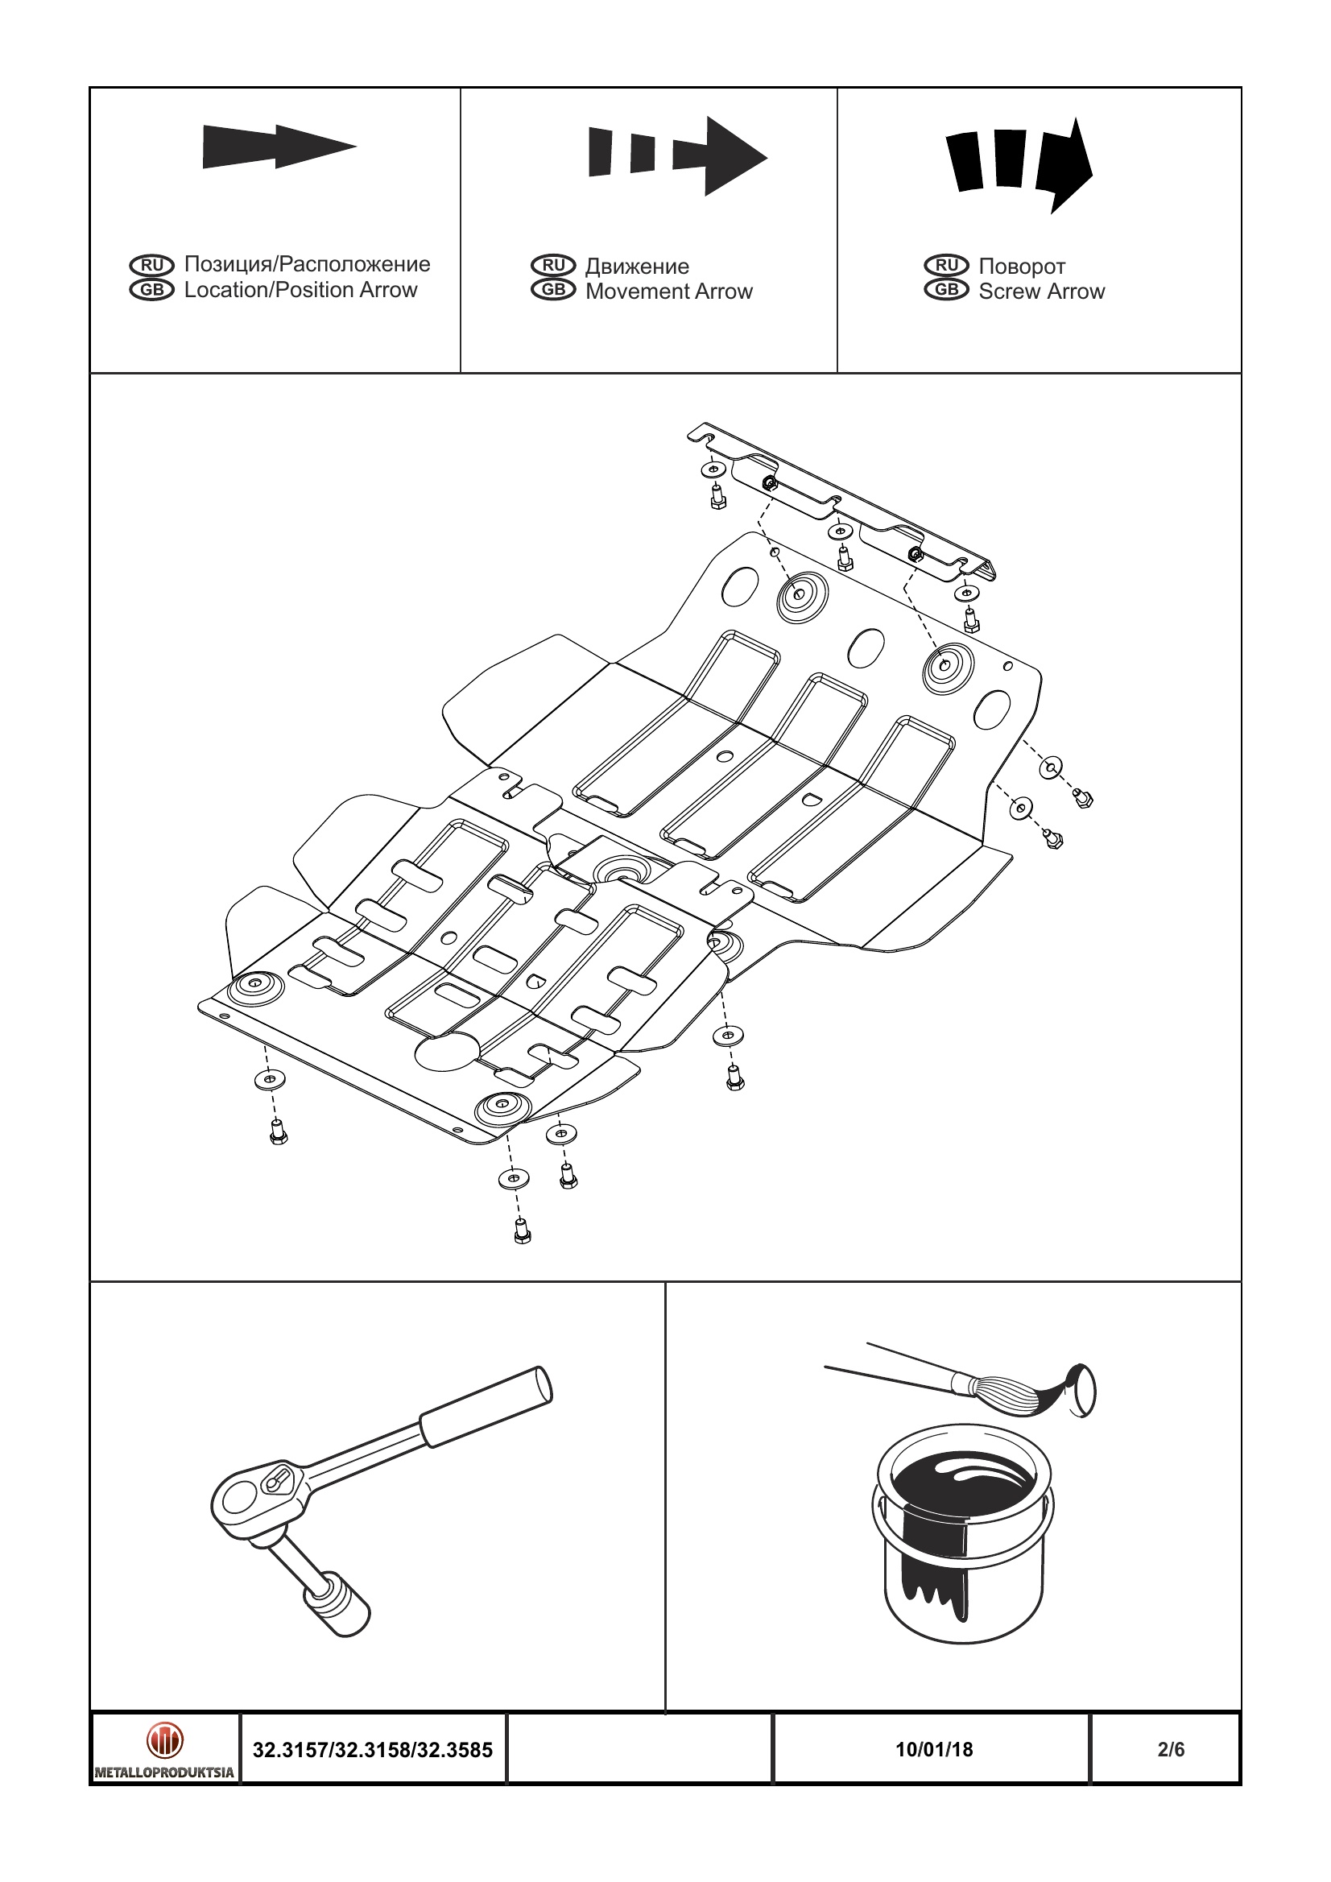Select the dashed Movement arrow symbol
coord(677,155)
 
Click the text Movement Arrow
coord(669,292)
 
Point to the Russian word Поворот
coord(1021,267)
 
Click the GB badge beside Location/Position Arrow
coord(152,290)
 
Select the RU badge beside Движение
coord(553,266)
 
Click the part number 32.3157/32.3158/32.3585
coord(373,1750)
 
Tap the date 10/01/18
coord(933,1749)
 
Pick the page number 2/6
coord(1171,1749)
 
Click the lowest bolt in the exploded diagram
coord(522,1231)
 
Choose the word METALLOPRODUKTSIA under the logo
coord(165,1772)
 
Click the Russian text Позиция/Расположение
coord(307,264)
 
